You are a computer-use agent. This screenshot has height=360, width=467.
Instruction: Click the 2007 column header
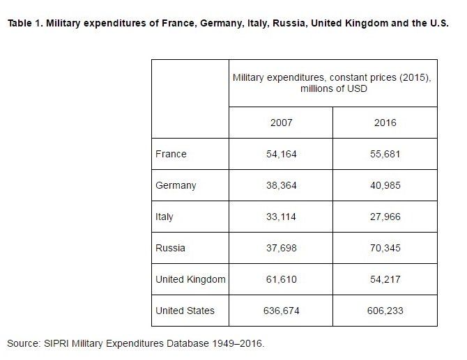281,123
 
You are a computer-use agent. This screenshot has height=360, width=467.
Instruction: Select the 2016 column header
385,123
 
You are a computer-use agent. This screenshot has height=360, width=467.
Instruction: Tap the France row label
171,154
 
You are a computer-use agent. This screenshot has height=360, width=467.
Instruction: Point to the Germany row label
176,185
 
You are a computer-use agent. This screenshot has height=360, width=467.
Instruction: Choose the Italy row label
164,217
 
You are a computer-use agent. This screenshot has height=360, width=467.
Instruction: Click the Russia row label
170,248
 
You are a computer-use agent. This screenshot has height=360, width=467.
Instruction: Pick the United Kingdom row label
190,279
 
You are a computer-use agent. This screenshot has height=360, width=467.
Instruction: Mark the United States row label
185,311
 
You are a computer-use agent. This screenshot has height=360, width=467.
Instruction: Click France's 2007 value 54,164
281,154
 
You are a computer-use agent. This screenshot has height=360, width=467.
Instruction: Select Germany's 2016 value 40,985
385,185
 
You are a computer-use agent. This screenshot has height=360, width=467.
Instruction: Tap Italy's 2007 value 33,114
281,217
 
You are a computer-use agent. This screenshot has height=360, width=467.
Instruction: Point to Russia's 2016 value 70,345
385,248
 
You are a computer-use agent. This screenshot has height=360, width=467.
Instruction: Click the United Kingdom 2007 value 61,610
281,279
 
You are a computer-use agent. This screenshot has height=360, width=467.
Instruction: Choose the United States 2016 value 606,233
385,311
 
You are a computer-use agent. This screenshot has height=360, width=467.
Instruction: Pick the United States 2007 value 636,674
281,311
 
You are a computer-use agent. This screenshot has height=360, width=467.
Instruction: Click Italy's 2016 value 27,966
385,217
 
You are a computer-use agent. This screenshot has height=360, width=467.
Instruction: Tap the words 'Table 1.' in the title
25,23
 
